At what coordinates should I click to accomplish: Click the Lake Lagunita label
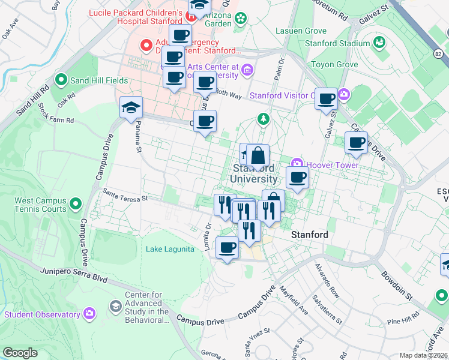[170, 249]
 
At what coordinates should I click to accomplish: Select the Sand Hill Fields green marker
[61, 79]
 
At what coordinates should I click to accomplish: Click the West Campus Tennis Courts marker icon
[76, 205]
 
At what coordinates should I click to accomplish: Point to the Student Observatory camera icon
[89, 314]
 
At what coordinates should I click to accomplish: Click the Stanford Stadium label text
[337, 43]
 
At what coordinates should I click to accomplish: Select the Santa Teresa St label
[124, 195]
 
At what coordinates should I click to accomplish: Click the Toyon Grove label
[334, 64]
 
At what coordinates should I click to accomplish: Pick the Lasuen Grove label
[301, 31]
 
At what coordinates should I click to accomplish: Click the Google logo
[20, 353]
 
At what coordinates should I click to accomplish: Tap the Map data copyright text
[424, 355]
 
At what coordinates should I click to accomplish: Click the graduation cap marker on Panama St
[131, 108]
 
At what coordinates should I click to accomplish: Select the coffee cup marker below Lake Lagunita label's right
[227, 247]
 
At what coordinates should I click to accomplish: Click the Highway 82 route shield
[439, 55]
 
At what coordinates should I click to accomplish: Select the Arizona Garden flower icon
[241, 18]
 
